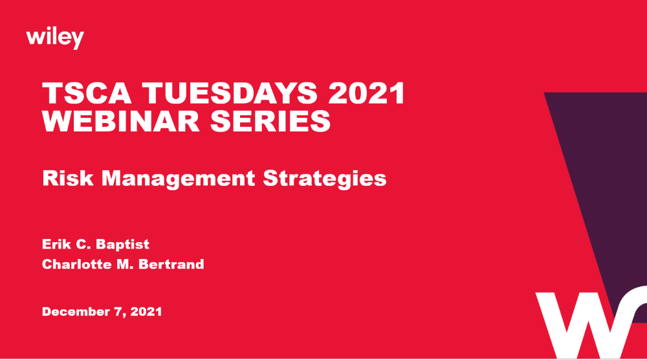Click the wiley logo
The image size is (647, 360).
click(55, 38)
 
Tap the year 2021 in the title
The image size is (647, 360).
click(366, 95)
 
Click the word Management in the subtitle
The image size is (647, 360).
click(176, 178)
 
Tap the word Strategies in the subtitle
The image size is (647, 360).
click(325, 178)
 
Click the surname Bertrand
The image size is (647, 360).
click(173, 264)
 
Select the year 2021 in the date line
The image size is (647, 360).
click(146, 311)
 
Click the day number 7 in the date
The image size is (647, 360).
click(118, 311)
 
